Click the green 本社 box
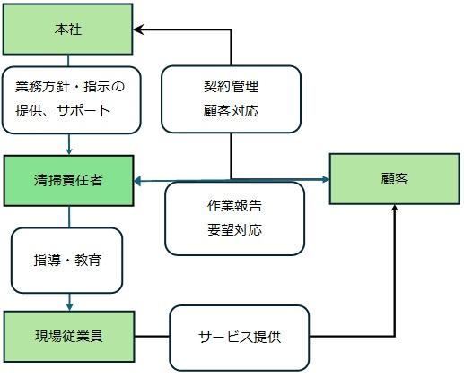[68, 30]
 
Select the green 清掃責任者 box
[68, 181]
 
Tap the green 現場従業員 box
[69, 337]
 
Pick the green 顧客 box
[394, 179]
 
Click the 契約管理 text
[231, 87]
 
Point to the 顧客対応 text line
[231, 111]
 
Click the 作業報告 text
[234, 206]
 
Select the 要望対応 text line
[234, 230]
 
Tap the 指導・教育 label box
[67, 261]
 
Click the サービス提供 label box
[240, 338]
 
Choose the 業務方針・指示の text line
[70, 87]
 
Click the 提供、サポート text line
[63, 111]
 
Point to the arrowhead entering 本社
[138, 30]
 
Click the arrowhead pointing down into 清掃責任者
[69, 150]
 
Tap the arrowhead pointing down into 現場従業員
[69, 307]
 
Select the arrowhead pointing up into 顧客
[395, 209]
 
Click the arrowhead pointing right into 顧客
[325, 179]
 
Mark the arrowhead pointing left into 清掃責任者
[138, 181]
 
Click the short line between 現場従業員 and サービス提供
[152, 337]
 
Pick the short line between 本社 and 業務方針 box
[68, 61]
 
